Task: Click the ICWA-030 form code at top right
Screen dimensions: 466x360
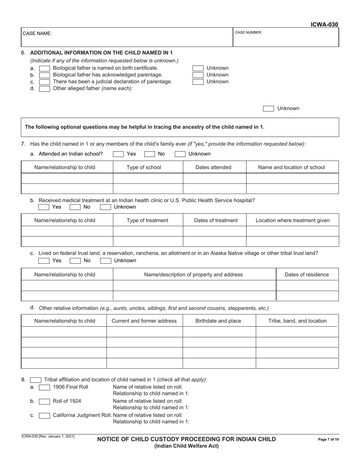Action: pyautogui.click(x=324, y=25)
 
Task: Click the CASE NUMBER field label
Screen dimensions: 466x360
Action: pyautogui.click(x=248, y=33)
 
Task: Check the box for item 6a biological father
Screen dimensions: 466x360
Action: pyautogui.click(x=44, y=68)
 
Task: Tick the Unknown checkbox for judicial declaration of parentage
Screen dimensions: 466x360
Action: pyautogui.click(x=198, y=82)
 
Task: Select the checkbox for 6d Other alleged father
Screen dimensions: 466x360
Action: pyautogui.click(x=44, y=89)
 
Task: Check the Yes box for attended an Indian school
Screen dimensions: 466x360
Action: pyautogui.click(x=118, y=154)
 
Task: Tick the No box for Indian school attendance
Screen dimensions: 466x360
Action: pyautogui.click(x=149, y=154)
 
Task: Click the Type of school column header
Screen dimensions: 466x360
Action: pyautogui.click(x=144, y=167)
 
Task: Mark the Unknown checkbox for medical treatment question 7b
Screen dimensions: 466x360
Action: pyautogui.click(x=105, y=207)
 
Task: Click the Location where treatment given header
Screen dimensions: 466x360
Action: pyautogui.click(x=293, y=220)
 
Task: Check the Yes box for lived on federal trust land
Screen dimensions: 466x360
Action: pyautogui.click(x=44, y=261)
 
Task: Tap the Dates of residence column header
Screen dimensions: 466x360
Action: pyautogui.click(x=307, y=275)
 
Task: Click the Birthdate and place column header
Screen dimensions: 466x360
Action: pyautogui.click(x=218, y=321)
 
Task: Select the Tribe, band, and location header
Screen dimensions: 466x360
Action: pyautogui.click(x=297, y=321)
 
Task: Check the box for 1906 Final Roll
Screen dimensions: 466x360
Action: pyautogui.click(x=44, y=387)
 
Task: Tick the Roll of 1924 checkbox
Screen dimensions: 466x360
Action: pyautogui.click(x=44, y=401)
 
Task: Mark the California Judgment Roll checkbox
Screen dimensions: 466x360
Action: pyautogui.click(x=44, y=416)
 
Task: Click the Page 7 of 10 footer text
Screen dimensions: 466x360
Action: pyautogui.click(x=328, y=439)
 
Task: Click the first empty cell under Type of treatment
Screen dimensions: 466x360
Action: pyautogui.click(x=148, y=231)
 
